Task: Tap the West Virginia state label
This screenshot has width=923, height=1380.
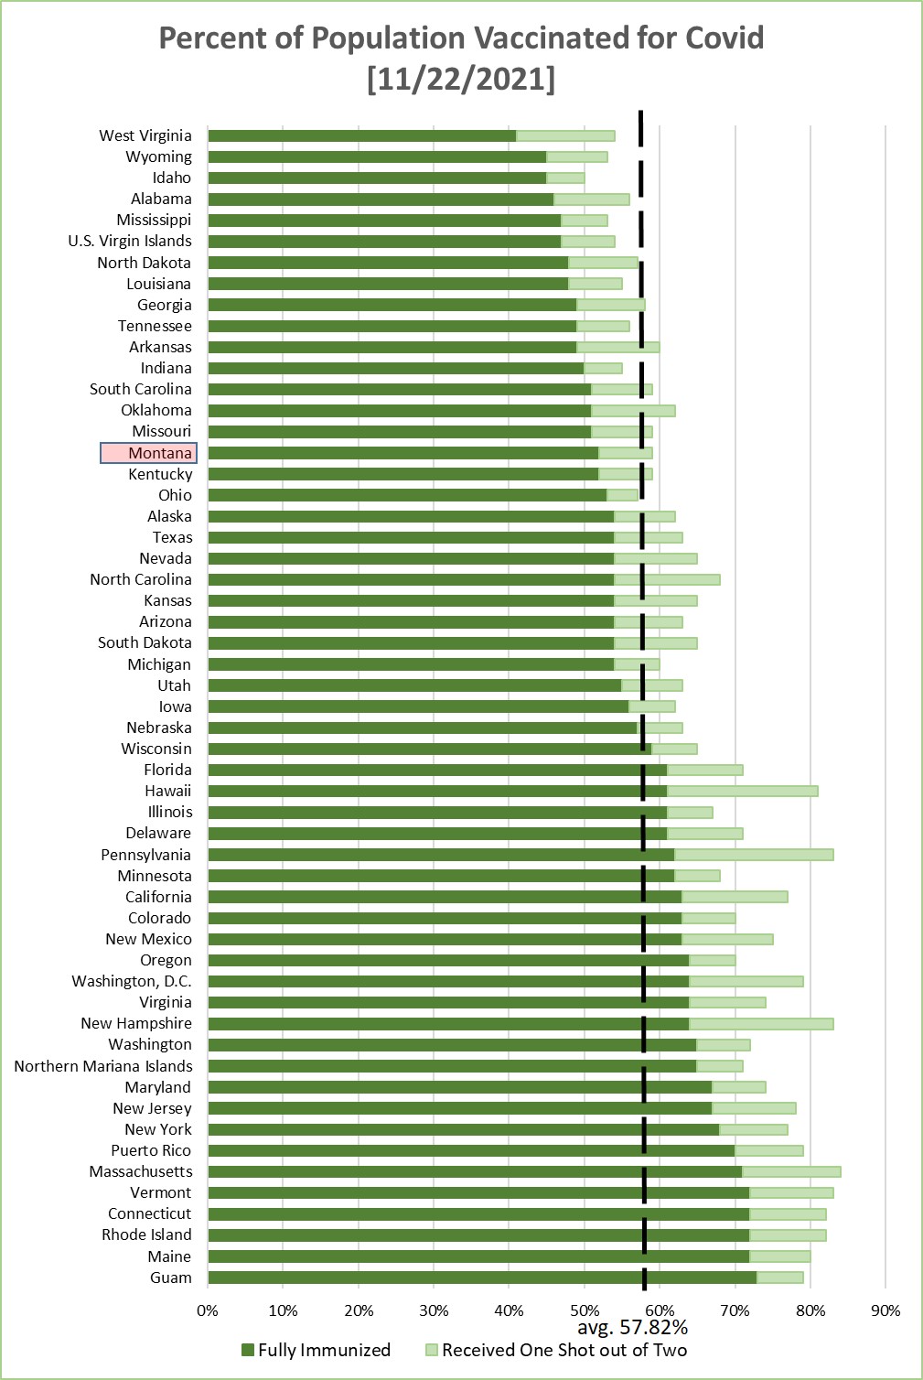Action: pos(145,135)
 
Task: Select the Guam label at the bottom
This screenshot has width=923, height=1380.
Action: pos(170,1278)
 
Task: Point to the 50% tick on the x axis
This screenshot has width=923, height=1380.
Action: pos(585,1310)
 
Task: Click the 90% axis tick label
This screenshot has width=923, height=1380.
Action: pos(885,1310)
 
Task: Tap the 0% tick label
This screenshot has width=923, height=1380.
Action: pos(208,1310)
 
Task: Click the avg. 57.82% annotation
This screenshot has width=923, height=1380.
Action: pos(632,1327)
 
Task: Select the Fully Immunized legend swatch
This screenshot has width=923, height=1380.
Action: pos(248,1351)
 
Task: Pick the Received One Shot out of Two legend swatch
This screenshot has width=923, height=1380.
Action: pos(432,1351)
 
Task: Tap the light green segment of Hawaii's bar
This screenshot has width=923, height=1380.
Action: pos(743,791)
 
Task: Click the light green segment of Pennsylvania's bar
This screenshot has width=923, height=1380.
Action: pos(755,855)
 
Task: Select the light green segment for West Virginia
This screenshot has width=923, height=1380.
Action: pos(565,136)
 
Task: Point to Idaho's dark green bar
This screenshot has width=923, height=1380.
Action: pos(377,178)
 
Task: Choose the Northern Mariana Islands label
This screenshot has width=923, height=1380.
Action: pos(102,1066)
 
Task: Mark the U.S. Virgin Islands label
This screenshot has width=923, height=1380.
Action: pos(129,241)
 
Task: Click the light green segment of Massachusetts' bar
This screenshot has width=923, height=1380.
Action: pos(792,1171)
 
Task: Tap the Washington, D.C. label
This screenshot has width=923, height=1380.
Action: pos(132,981)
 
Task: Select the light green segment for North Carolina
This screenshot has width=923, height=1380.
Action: pos(667,579)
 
